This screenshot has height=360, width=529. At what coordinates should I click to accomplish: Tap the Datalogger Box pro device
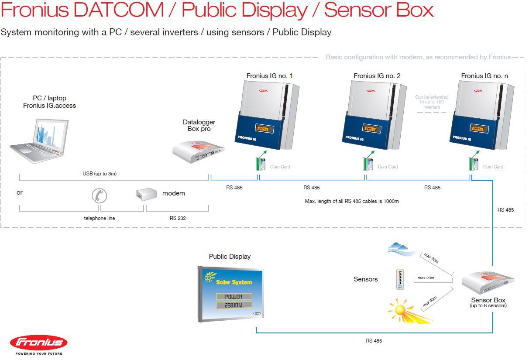199,151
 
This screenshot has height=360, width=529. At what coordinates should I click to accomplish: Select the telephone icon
100,195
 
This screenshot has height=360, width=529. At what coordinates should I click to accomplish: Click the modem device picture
146,194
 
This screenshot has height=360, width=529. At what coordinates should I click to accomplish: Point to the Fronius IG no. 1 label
269,76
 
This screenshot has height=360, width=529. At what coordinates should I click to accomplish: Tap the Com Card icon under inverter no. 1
261,164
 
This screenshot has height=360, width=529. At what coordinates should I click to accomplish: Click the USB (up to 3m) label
100,174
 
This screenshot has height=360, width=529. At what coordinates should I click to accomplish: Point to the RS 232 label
178,218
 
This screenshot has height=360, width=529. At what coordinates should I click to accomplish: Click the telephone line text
100,218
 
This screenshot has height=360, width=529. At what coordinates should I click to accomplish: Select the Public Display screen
230,294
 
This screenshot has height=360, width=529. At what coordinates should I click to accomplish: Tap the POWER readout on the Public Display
234,297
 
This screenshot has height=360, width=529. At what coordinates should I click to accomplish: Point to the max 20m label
426,278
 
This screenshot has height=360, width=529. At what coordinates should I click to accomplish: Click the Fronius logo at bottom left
38,342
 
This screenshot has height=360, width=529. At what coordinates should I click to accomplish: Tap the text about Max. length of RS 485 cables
352,201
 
